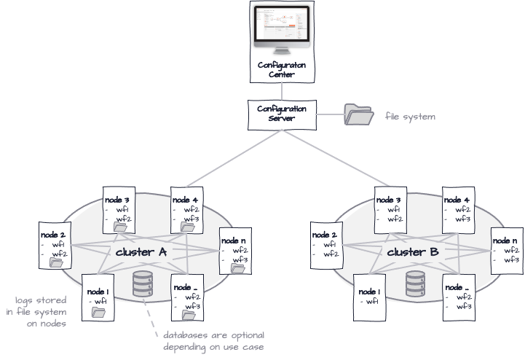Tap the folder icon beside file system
point(358,115)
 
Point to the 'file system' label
point(411,116)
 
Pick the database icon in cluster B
point(415,282)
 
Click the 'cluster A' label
point(141,252)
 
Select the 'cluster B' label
point(413,252)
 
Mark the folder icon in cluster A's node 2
point(55,262)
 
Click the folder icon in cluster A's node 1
point(99,311)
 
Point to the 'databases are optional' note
point(213,340)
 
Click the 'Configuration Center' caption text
point(276,70)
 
